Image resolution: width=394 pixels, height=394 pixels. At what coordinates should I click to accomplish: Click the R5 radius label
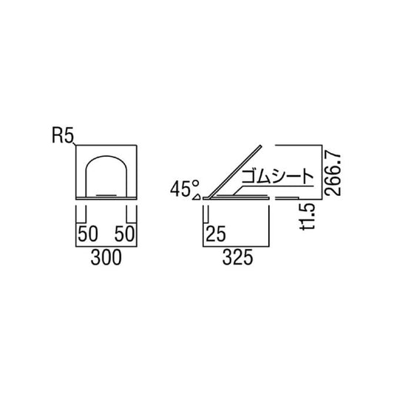point(63,136)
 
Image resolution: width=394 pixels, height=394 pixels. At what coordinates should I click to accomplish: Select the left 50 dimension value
point(88,235)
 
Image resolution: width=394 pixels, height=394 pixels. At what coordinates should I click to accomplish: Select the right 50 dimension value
point(123,235)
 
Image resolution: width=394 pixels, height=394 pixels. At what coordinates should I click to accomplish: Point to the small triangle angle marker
point(197,197)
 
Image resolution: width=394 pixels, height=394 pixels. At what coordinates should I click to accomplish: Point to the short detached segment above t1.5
point(288,198)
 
